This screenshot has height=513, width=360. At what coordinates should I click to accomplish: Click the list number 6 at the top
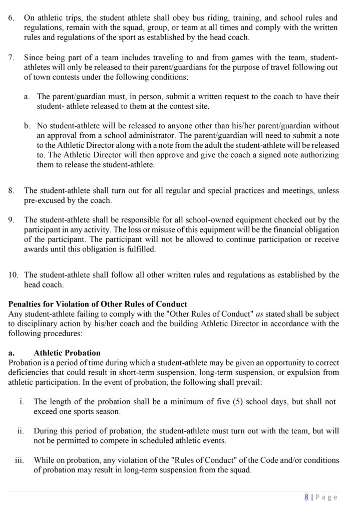pyautogui.click(x=12, y=17)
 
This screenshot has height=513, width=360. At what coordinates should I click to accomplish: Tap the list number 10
pyautogui.click(x=14, y=275)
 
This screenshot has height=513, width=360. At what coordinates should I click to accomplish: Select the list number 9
pyautogui.click(x=12, y=219)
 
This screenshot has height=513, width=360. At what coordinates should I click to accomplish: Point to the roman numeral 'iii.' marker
pyautogui.click(x=21, y=460)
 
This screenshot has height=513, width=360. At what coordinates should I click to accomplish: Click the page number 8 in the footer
pyautogui.click(x=306, y=497)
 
